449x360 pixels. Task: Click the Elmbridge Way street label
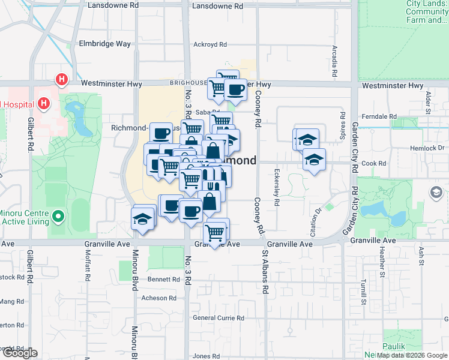click(105, 44)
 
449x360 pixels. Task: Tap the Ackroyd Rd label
click(210, 44)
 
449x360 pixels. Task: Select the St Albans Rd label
click(264, 272)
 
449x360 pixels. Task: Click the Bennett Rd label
click(164, 279)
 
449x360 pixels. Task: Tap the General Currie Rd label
click(218, 318)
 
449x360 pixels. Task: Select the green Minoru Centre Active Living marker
click(58, 215)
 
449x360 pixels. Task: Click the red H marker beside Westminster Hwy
click(61, 79)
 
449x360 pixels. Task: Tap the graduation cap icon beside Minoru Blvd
click(143, 218)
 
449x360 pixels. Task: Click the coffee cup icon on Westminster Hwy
click(235, 91)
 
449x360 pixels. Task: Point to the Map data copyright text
click(412, 355)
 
